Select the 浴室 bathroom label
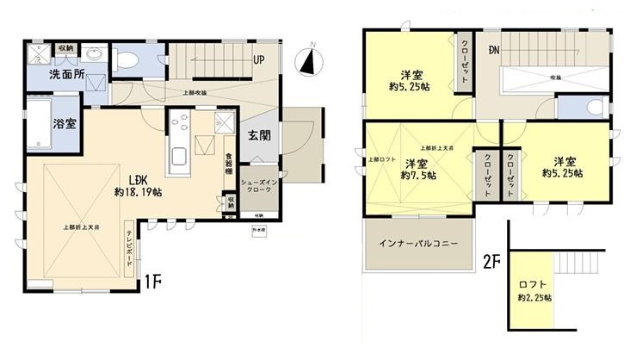tap(63, 122)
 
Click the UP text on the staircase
tap(258, 60)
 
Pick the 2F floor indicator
tap(491, 259)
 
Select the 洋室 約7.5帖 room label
tap(417, 169)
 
